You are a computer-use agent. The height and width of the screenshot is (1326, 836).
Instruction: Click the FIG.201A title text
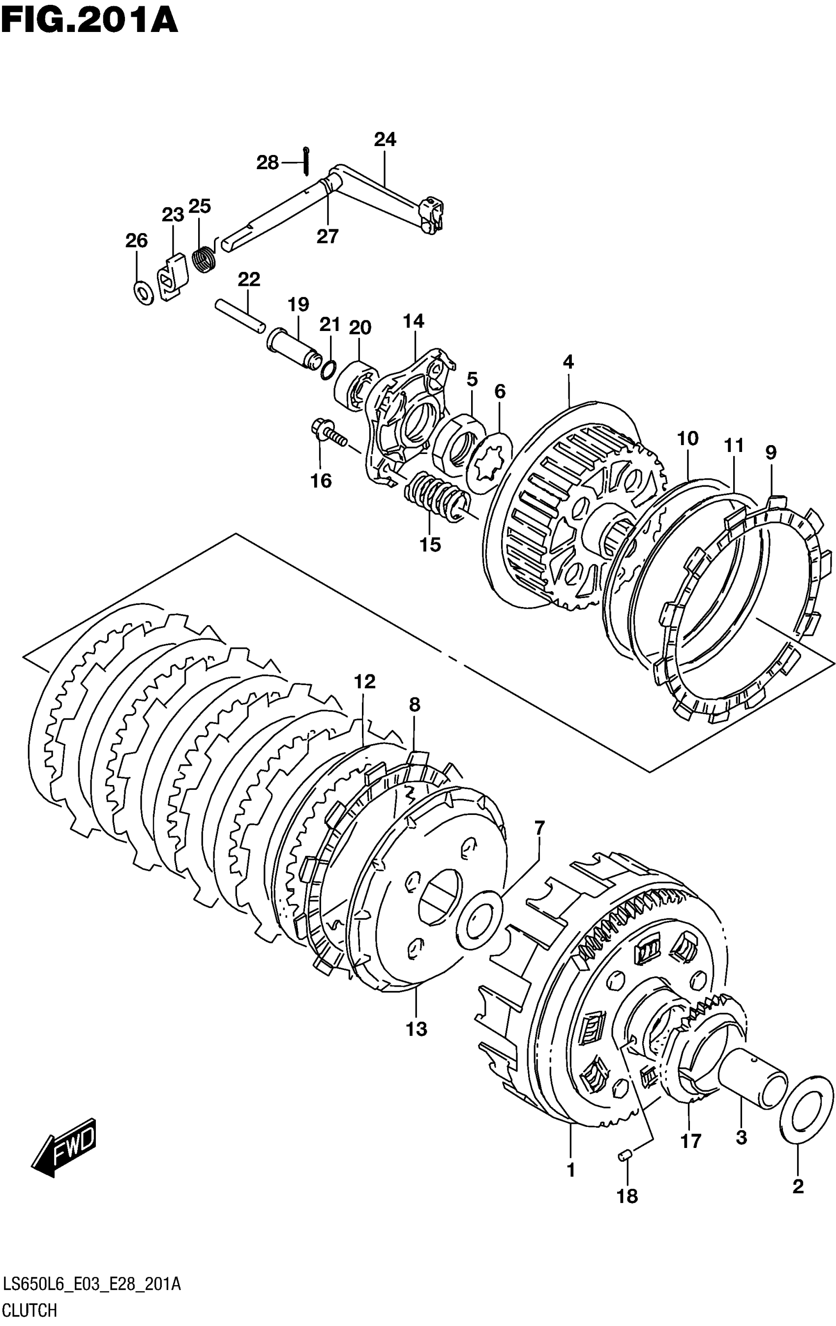click(x=89, y=22)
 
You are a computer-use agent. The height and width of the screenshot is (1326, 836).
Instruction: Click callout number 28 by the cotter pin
click(x=268, y=163)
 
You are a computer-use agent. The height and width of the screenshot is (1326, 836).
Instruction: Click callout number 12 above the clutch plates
click(x=364, y=682)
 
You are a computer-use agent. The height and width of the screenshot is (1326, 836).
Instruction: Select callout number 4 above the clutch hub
click(x=568, y=362)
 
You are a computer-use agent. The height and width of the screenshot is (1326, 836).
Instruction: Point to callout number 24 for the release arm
click(x=385, y=140)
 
